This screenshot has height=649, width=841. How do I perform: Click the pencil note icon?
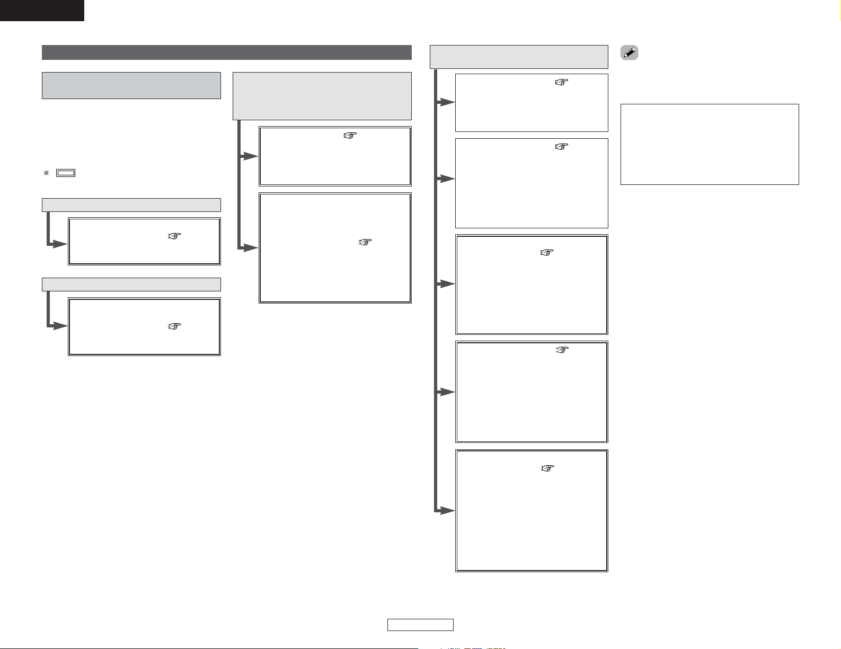click(629, 53)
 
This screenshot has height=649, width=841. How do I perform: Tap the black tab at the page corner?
click(42, 10)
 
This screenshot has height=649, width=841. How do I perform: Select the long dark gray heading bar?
click(226, 52)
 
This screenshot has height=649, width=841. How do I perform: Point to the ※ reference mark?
click(46, 173)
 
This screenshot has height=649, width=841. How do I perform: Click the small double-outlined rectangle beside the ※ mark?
click(66, 173)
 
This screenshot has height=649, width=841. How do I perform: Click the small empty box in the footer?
click(420, 625)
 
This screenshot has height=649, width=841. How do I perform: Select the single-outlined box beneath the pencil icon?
click(709, 144)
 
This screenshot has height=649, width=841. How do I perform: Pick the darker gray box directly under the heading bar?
click(131, 85)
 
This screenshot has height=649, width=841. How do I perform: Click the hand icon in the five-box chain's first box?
click(561, 82)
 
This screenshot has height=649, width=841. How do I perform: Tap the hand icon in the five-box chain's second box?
click(561, 147)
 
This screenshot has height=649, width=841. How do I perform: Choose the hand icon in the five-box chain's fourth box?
click(561, 350)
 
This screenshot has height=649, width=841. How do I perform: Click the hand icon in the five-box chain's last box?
click(547, 468)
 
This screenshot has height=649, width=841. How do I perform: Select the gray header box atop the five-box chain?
click(518, 57)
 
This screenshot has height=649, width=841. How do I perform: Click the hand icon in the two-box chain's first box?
click(350, 136)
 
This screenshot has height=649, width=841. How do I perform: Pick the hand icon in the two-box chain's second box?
click(366, 242)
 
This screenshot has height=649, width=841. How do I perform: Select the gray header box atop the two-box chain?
click(322, 96)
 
